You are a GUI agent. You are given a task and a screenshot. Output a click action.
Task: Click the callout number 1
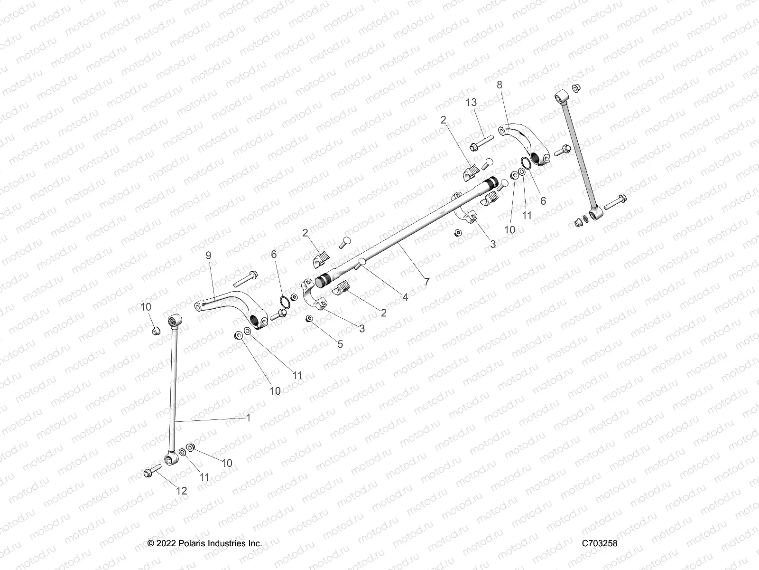point(248,418)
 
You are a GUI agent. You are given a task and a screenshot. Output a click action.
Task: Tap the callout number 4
point(405,297)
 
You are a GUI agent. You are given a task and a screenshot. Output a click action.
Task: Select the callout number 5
point(340,344)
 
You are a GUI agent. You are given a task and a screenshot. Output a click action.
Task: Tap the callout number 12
point(182,491)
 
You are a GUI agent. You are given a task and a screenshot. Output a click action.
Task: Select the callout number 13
point(471,103)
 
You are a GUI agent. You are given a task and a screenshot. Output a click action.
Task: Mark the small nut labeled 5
point(309,318)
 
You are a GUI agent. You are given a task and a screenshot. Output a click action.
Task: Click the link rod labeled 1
point(174,389)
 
